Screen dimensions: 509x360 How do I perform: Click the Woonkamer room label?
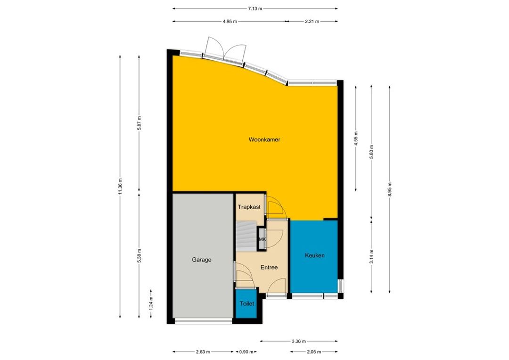click(264, 139)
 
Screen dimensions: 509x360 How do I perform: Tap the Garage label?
click(202, 260)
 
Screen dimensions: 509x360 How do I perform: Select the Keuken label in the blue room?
click(314, 255)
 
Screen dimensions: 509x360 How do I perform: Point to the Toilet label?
click(246, 304)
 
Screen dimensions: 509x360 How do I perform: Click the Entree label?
click(269, 268)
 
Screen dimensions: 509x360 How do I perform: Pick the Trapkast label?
click(249, 207)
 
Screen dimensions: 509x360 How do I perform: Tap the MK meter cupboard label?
click(263, 239)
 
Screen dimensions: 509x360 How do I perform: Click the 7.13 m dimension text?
click(255, 9)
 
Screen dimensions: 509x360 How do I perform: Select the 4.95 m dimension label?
click(230, 21)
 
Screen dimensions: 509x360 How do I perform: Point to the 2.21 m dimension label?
click(312, 21)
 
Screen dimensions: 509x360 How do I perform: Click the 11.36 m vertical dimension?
click(120, 187)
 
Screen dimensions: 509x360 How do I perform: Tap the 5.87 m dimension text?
click(139, 123)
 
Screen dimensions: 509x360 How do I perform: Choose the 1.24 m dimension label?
click(151, 303)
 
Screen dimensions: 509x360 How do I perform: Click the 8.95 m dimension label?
click(390, 189)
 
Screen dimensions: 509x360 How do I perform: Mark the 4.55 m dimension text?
click(356, 138)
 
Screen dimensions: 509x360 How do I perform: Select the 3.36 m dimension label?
click(299, 341)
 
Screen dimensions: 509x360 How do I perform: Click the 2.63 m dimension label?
click(203, 352)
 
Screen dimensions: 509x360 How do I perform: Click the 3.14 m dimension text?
click(371, 256)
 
